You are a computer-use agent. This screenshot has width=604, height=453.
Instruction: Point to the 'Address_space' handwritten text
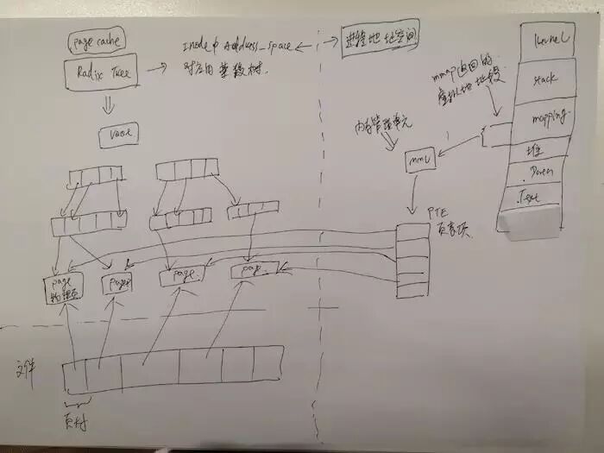257,46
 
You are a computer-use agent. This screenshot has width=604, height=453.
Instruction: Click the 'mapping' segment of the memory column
544,116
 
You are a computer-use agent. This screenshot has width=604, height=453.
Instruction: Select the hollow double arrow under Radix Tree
109,106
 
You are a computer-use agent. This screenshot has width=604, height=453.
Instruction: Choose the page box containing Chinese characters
63,286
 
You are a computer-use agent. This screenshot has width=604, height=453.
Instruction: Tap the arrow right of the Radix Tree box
158,67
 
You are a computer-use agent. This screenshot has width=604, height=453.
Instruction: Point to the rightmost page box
255,271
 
